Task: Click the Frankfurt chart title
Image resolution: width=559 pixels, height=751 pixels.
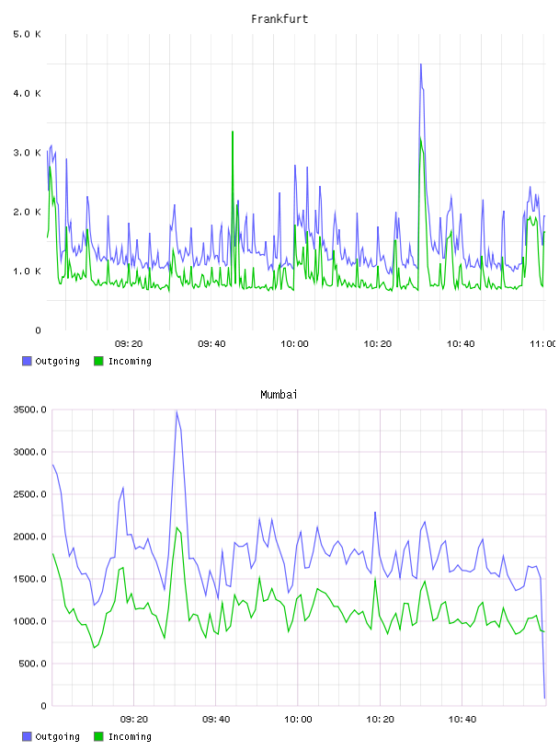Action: (279, 19)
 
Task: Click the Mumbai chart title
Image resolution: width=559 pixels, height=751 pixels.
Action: (279, 395)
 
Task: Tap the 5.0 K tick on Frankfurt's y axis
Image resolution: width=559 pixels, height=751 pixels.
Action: (28, 34)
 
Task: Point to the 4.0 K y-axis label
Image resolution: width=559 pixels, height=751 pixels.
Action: (28, 93)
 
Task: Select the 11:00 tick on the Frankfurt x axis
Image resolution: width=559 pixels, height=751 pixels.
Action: (542, 344)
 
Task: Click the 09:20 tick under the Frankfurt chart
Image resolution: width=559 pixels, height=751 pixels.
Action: (129, 344)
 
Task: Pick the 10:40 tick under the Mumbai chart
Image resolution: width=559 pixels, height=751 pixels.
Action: (462, 720)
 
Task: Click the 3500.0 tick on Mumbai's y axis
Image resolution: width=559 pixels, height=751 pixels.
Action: (29, 410)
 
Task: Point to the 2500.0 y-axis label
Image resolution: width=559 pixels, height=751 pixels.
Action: (29, 494)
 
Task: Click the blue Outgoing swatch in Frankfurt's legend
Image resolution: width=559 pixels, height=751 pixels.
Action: (27, 361)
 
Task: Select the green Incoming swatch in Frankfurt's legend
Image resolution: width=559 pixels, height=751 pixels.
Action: (98, 361)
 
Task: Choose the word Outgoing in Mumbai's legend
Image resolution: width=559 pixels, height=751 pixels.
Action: (57, 736)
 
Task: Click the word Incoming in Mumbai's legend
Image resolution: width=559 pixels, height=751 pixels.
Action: (130, 736)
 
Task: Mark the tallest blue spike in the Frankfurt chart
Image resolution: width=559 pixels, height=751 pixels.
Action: (421, 64)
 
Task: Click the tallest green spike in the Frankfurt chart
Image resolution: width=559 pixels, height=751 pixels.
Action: (233, 132)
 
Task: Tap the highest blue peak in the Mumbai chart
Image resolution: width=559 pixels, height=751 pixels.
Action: (177, 412)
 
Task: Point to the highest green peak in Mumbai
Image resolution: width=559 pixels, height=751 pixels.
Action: (177, 527)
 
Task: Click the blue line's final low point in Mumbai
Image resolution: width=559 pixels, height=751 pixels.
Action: (544, 698)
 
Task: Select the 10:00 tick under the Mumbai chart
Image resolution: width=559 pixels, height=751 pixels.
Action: (298, 720)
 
